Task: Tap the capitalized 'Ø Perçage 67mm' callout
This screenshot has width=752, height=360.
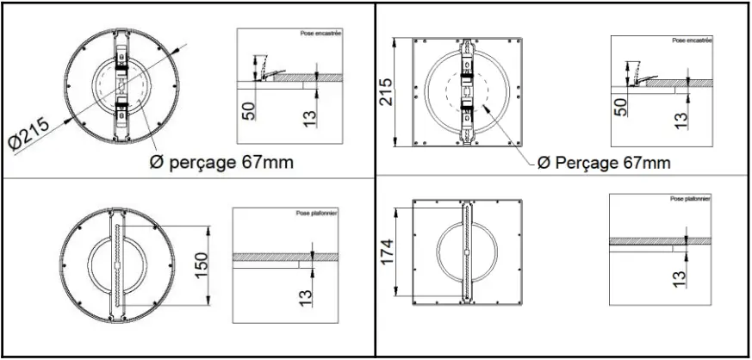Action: (603, 162)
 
